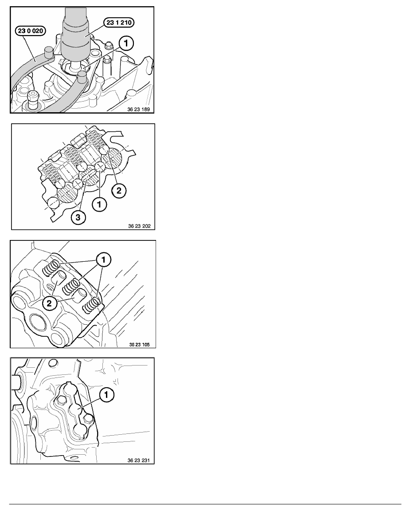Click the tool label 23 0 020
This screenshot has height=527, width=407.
pos(30,31)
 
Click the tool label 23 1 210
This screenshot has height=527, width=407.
pos(118,23)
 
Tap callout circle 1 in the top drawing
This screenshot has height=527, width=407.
pos(126,43)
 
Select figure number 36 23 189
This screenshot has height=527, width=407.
pos(139,109)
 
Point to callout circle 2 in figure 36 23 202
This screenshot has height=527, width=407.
pos(119,191)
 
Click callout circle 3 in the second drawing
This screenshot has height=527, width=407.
pos(78,217)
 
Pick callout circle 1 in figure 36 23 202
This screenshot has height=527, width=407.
pos(99,204)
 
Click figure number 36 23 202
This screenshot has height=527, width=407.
pos(139,226)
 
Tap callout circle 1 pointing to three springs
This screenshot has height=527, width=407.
pos(103,260)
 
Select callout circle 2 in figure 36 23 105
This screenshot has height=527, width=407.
pos(49,303)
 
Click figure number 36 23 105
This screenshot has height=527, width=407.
pos(139,345)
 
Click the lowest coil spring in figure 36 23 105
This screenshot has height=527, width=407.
pos(92,304)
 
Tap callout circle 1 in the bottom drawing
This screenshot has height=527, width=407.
pos(107,394)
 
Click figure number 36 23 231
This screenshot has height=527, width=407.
pos(139,460)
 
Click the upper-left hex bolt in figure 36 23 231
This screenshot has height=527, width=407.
pos(61,400)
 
